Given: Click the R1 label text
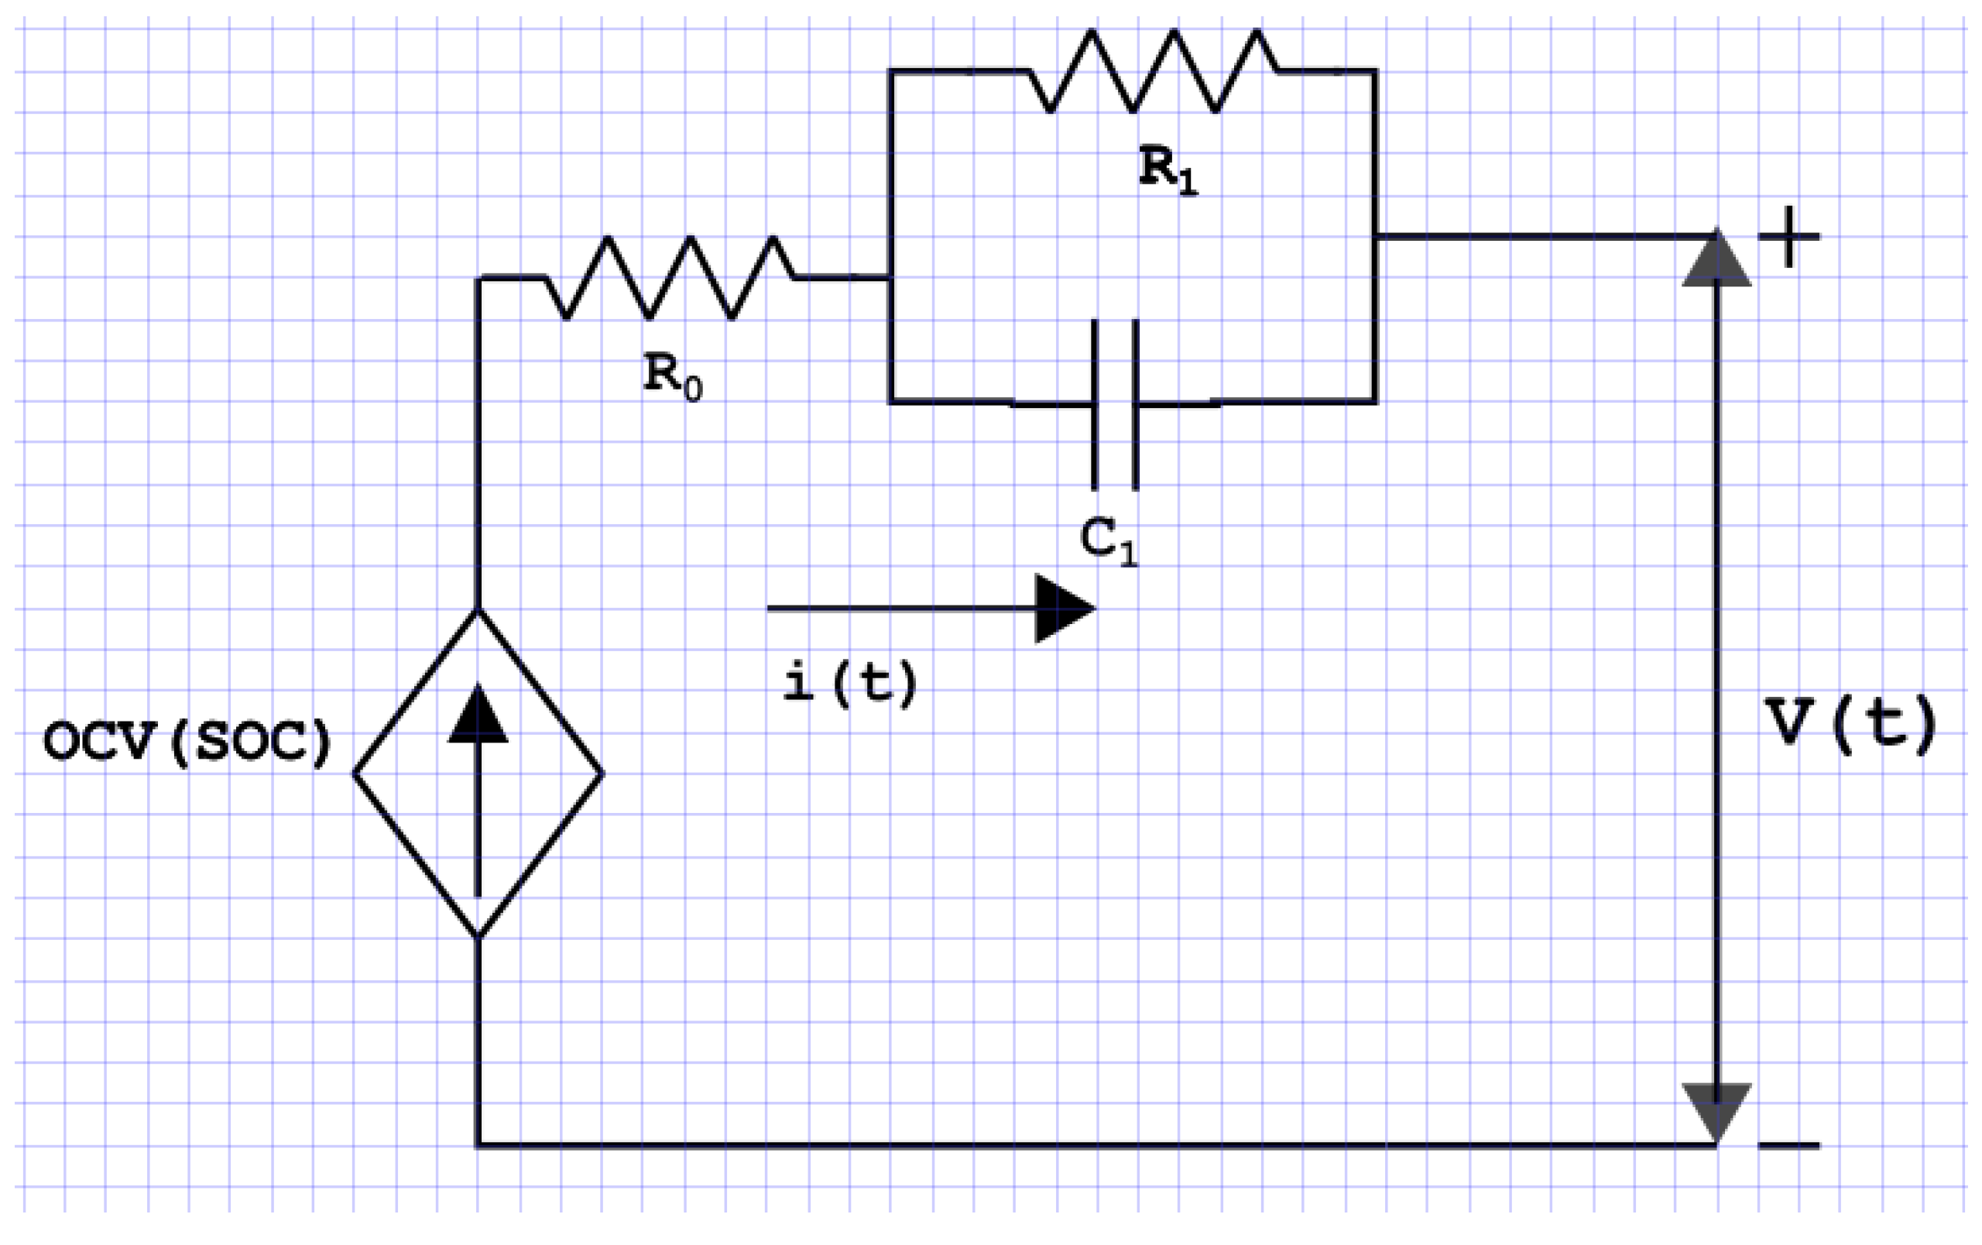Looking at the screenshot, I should click(x=1168, y=170).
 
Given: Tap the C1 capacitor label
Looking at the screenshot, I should click(x=1108, y=541).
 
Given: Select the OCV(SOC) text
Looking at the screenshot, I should click(x=187, y=742).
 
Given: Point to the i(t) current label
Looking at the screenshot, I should click(x=849, y=682).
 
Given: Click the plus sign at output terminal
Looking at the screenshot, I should click(x=1788, y=237).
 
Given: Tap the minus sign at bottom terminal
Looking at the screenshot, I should click(x=1788, y=1144).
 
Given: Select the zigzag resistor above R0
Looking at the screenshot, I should click(x=669, y=277).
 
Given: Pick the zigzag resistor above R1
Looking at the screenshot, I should click(x=1152, y=70).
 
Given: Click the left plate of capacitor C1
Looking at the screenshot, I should click(x=1094, y=404).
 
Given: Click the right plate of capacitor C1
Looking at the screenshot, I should click(x=1136, y=404).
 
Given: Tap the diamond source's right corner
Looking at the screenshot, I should click(x=601, y=773).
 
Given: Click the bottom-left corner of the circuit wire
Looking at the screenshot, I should click(x=478, y=1144).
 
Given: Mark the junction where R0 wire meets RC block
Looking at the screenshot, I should click(x=890, y=278).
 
